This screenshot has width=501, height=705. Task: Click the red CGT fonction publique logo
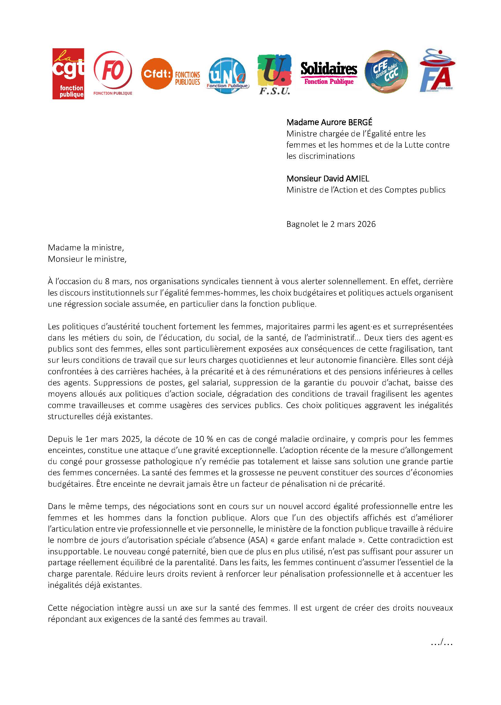click(68, 74)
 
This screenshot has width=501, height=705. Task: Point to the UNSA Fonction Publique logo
click(227, 76)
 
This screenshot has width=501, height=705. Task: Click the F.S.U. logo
click(274, 74)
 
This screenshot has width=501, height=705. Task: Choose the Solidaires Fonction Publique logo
click(329, 73)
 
